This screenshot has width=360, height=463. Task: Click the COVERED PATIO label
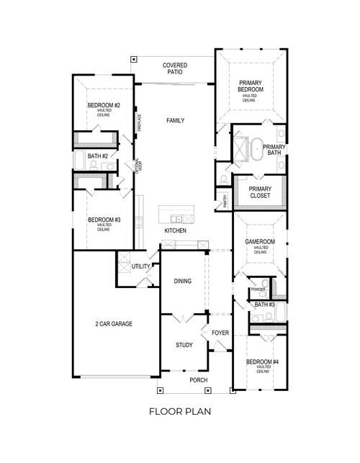click(x=174, y=69)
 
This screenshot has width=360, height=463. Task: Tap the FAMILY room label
click(x=174, y=120)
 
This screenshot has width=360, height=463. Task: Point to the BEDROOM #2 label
click(x=104, y=106)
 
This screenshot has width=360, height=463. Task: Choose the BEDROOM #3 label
click(x=104, y=220)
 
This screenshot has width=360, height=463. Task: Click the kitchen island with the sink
click(x=176, y=217)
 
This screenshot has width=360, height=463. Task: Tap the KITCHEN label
click(x=175, y=230)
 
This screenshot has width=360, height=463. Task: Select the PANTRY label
click(x=225, y=202)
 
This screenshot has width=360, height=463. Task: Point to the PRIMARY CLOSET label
click(x=260, y=192)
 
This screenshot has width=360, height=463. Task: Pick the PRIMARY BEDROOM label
click(x=251, y=86)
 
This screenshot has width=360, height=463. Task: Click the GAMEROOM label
click(x=260, y=242)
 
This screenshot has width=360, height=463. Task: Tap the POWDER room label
click(x=257, y=290)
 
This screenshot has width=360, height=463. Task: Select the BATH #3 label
click(x=264, y=305)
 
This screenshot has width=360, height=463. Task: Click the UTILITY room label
click(x=140, y=267)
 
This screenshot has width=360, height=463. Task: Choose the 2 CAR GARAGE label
click(x=114, y=324)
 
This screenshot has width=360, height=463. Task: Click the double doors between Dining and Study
click(x=184, y=317)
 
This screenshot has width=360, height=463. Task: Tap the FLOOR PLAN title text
click(x=179, y=412)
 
